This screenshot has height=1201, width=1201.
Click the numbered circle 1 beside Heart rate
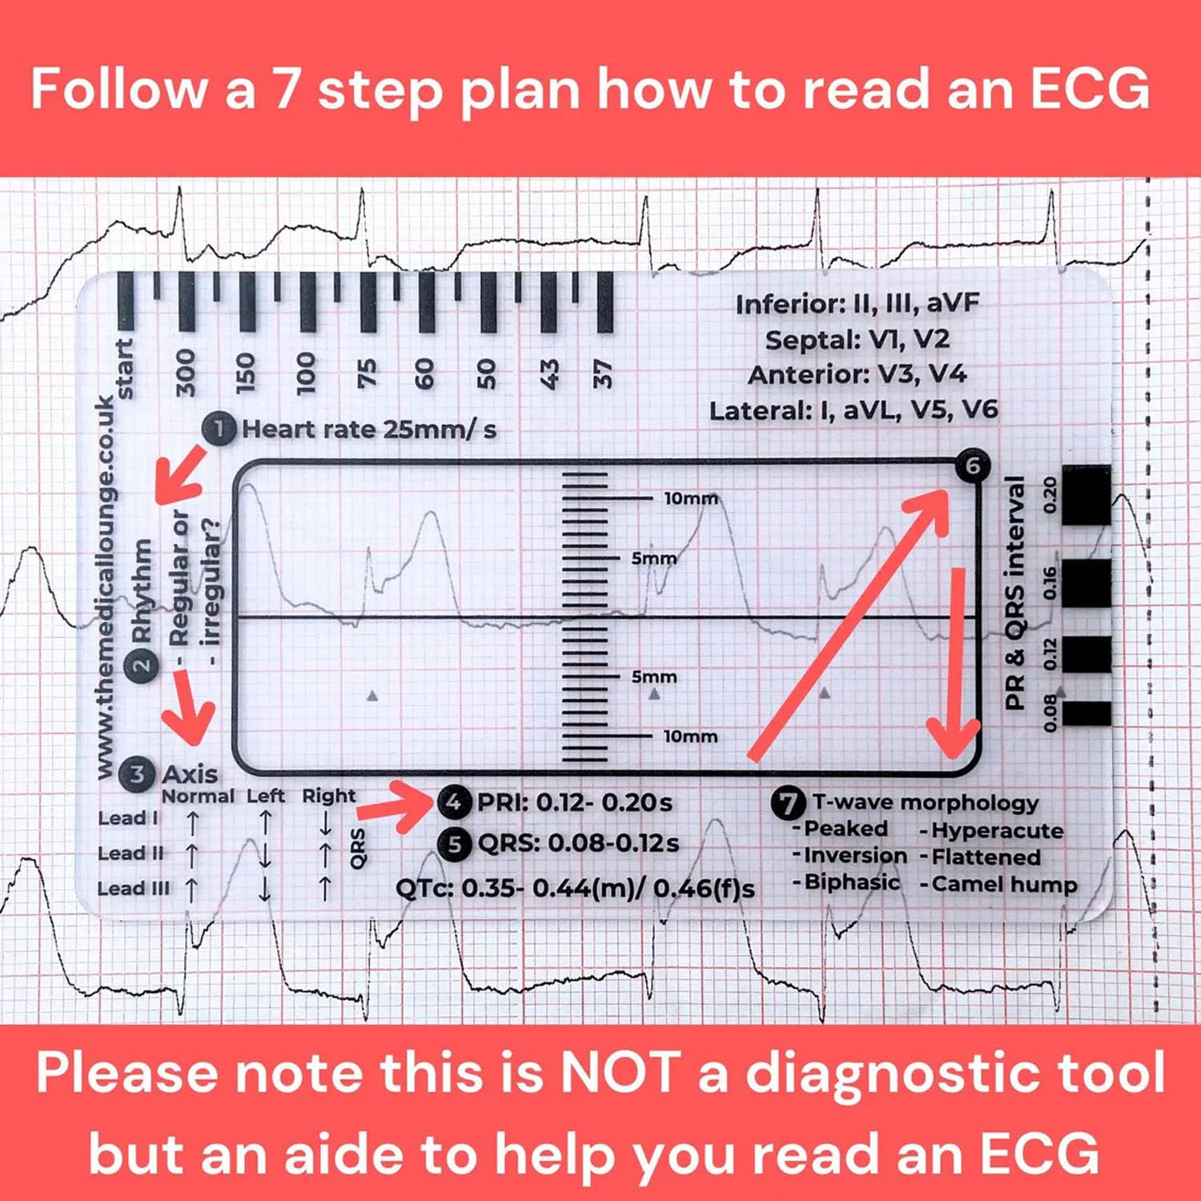(219, 428)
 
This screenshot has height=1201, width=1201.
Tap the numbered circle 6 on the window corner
(972, 465)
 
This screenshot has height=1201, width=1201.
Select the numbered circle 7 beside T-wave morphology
(788, 803)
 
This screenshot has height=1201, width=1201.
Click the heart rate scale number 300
(186, 372)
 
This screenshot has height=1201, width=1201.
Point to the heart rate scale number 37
(603, 374)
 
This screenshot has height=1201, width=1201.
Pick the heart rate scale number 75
(366, 373)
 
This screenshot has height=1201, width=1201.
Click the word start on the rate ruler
(124, 368)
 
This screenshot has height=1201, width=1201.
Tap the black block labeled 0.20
(1086, 495)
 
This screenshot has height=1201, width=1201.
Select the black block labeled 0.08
(1086, 713)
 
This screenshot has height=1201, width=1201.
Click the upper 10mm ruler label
(690, 498)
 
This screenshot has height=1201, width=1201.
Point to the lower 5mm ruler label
(653, 677)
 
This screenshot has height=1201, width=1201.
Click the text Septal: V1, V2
(857, 339)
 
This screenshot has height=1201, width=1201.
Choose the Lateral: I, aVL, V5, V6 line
(854, 411)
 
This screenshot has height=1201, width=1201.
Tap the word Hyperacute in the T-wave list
(997, 830)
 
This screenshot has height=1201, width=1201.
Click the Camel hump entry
(1004, 884)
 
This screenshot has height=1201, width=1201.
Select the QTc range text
(575, 888)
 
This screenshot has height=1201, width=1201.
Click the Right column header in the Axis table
(328, 796)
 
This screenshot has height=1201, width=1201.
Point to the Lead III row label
(133, 889)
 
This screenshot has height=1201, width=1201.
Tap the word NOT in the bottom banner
(619, 1071)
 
